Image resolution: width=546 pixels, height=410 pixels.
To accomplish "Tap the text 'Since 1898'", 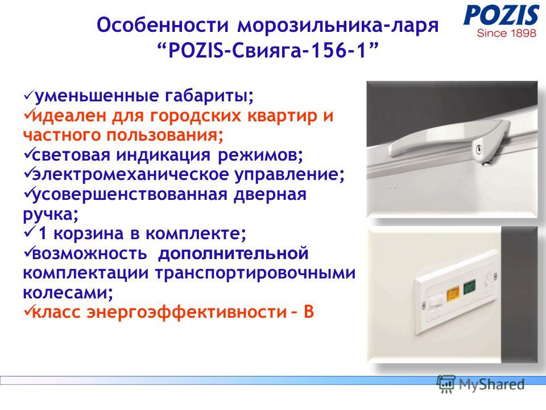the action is (x=507, y=34).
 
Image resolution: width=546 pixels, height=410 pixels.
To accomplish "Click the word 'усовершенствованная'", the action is (x=130, y=195).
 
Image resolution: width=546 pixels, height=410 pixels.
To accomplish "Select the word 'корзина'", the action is (x=89, y=233).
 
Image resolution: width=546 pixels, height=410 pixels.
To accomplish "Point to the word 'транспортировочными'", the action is (x=255, y=273).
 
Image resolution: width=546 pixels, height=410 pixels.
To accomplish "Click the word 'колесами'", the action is (x=68, y=293).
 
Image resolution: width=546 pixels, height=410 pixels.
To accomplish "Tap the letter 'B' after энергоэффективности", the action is (x=309, y=311).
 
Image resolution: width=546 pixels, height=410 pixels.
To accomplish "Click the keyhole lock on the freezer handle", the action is (x=479, y=149).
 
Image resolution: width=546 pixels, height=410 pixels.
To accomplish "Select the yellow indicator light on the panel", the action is (x=453, y=294).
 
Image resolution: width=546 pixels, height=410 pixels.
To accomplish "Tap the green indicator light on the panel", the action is (x=470, y=288).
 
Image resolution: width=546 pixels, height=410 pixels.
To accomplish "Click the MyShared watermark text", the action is (x=491, y=385).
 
